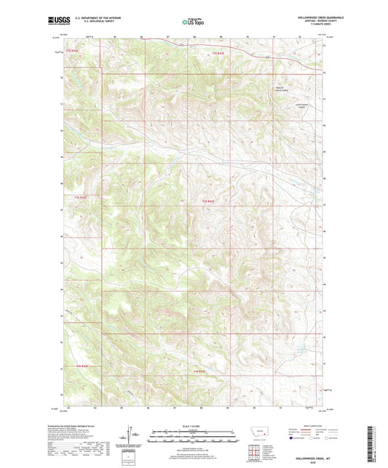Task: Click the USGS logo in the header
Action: coord(58,20)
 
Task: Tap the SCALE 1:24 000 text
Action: coord(193,427)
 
